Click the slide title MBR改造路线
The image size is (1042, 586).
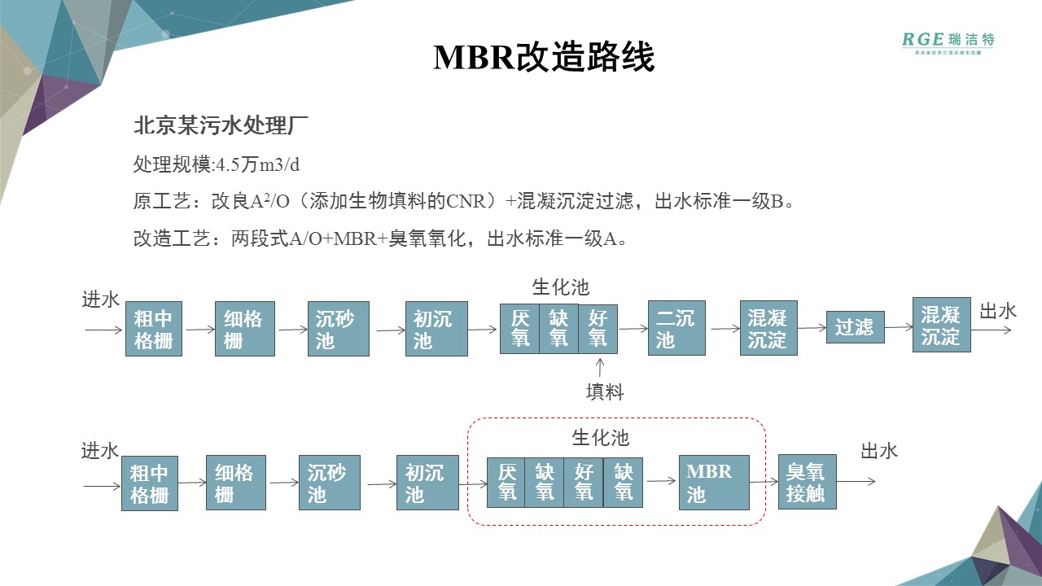coord(544,58)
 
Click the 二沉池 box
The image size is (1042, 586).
coord(676,328)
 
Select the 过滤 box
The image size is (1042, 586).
coord(855,327)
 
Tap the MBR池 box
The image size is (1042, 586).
coord(714,482)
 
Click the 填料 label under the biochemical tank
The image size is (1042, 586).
coord(605,392)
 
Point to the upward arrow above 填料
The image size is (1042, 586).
coord(600,367)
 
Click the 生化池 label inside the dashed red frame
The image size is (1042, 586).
coord(601,438)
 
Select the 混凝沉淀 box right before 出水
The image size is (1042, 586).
coord(942,325)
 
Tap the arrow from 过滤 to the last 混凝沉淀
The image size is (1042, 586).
coord(898,327)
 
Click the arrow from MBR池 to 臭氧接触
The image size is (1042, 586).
coord(764,481)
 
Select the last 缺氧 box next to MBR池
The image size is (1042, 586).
coord(624,482)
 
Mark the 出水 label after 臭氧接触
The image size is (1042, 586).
coord(879,452)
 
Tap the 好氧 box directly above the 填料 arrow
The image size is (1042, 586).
coord(598,328)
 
